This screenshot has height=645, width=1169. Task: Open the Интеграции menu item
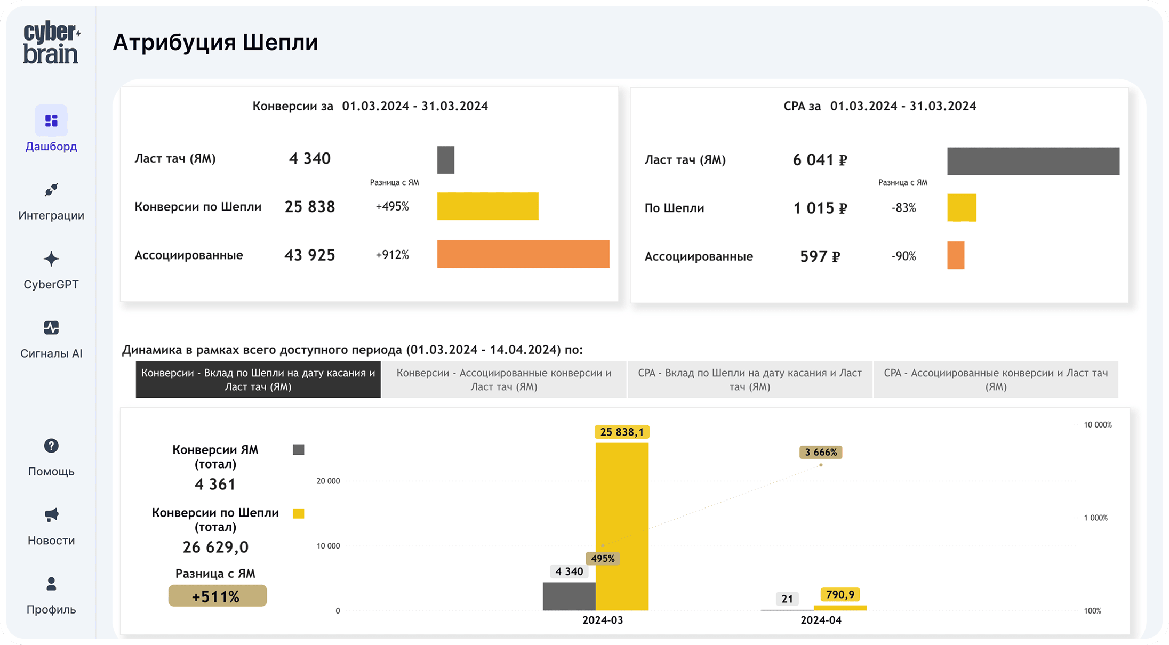(51, 203)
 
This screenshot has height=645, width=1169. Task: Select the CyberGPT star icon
(51, 260)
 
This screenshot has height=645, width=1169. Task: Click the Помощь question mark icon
(51, 446)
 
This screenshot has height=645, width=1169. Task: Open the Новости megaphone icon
(51, 515)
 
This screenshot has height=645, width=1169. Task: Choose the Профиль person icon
(51, 584)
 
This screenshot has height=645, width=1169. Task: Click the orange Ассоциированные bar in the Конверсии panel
(523, 254)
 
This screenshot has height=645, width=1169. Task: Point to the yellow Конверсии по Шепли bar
(487, 206)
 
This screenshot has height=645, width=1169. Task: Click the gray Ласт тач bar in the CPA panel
(1033, 161)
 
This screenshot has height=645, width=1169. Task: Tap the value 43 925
(309, 255)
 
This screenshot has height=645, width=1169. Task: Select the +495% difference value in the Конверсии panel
(392, 207)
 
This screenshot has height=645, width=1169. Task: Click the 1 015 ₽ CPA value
(820, 208)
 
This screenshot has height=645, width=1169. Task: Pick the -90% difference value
(903, 256)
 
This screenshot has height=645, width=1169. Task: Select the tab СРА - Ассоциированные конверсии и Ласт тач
(996, 380)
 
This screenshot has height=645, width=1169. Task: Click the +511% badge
(217, 596)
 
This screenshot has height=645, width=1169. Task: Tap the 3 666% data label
(821, 453)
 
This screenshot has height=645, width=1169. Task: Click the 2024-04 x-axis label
(821, 620)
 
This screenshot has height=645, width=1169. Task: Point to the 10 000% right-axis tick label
(1098, 425)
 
